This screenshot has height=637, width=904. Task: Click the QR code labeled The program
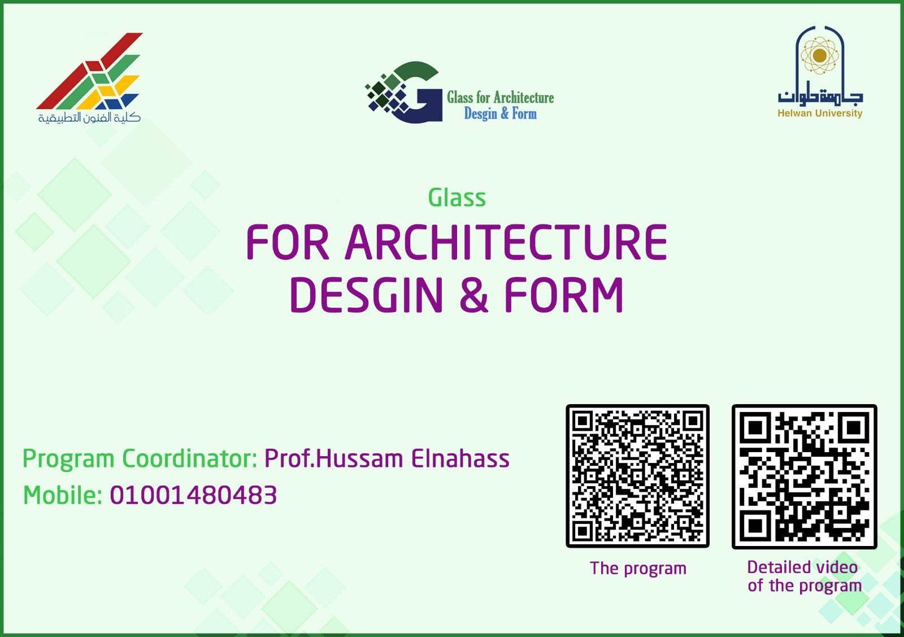pos(638,476)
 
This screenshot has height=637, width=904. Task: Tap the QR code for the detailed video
pos(805,476)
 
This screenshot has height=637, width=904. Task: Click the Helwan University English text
pos(820,114)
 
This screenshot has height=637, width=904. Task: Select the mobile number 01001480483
pos(193,495)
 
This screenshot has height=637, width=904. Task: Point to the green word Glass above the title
pos(457,198)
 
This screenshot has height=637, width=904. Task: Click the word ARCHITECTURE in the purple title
pos(506,242)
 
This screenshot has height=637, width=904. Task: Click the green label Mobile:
pos(63,495)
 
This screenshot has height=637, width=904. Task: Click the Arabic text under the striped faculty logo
pos(89,118)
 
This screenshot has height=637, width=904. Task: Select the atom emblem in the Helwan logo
pos(820,56)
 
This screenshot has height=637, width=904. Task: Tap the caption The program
pos(638,569)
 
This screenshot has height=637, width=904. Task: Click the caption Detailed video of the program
pos(805,577)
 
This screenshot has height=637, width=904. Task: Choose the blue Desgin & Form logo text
pos(501,114)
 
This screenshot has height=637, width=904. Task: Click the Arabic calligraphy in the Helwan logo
pos(820,94)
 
